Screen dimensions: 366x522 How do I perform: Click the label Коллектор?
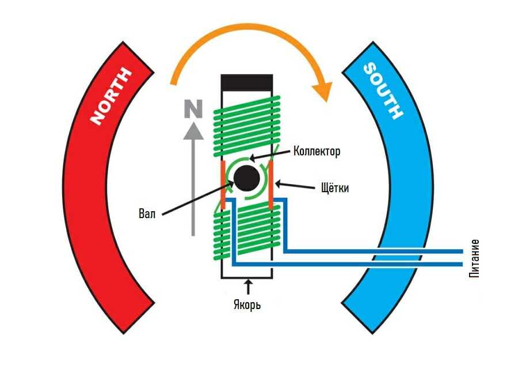[317, 151]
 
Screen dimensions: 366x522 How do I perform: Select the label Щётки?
[333, 188]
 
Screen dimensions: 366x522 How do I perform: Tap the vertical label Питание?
[474, 257]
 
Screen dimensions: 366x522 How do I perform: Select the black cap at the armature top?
[246, 82]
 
